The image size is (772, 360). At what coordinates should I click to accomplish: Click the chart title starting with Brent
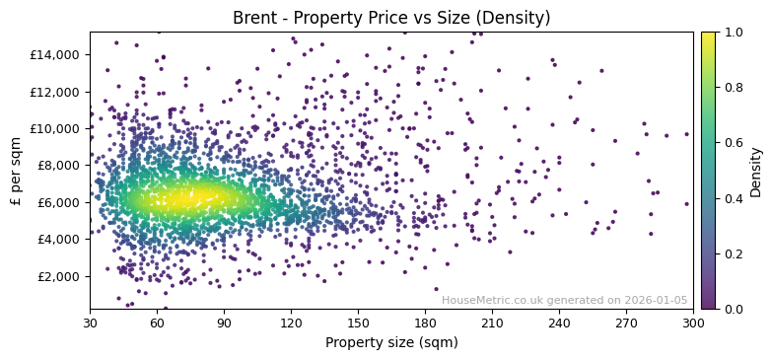point(391,18)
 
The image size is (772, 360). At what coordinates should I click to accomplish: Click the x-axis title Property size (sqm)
point(391,342)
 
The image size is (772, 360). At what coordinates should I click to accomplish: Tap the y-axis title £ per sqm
point(16,171)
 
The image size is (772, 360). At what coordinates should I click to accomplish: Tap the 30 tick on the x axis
point(90,323)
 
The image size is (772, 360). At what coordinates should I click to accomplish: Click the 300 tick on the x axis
point(693,323)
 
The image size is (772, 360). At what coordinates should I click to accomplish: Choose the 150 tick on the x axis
point(358,323)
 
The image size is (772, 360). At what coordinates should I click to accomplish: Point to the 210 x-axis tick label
point(492,323)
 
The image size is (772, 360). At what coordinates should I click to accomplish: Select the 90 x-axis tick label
point(224,323)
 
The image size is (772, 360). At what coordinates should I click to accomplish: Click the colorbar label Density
point(756,171)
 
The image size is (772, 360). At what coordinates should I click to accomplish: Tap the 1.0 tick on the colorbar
point(734,33)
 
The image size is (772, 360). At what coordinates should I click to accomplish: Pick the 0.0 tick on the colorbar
point(734,309)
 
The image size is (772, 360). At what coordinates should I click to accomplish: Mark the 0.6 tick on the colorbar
point(734,143)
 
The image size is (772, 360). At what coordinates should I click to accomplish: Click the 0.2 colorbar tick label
point(734,253)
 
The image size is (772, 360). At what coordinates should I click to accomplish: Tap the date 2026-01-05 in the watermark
point(658,301)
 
